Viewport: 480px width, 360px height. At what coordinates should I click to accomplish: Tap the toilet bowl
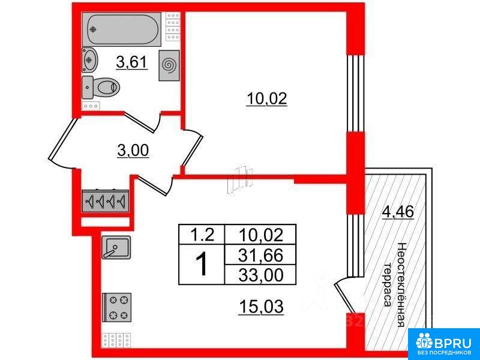click(x=101, y=88)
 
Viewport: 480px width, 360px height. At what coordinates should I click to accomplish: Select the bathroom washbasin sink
click(x=89, y=60)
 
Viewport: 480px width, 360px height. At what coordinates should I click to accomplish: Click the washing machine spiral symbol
click(x=169, y=65)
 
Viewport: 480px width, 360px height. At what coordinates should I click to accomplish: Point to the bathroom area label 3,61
click(x=132, y=63)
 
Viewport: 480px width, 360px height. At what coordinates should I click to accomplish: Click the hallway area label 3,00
click(x=133, y=151)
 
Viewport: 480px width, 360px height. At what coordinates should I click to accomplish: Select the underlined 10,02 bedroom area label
click(x=266, y=99)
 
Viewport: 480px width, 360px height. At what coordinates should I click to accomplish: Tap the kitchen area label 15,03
click(x=261, y=307)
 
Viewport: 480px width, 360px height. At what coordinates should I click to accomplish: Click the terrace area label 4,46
click(x=398, y=212)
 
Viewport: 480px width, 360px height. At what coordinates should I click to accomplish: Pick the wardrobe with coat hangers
click(x=105, y=201)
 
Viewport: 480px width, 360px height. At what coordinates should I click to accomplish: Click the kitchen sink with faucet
click(x=116, y=247)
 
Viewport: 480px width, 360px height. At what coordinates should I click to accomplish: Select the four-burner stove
click(x=116, y=307)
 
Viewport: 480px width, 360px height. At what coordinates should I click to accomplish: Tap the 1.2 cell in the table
click(x=202, y=235)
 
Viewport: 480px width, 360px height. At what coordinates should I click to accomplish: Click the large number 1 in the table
click(x=202, y=265)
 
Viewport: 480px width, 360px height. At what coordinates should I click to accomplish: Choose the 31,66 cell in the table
click(x=260, y=255)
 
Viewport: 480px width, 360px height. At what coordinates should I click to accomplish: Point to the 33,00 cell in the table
click(x=260, y=275)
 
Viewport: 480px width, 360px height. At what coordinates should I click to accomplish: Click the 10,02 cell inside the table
click(x=260, y=235)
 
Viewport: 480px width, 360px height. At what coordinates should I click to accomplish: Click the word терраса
click(x=388, y=284)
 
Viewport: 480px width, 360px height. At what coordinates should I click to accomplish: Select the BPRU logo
click(x=443, y=344)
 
